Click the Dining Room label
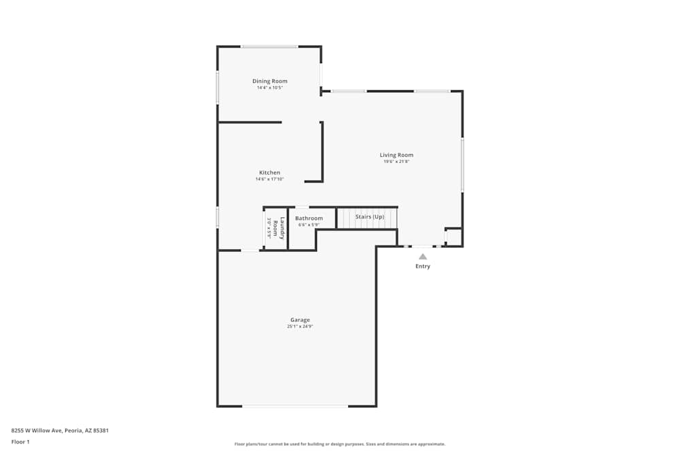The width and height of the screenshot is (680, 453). point(270,81)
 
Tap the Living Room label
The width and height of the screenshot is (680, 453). point(396,155)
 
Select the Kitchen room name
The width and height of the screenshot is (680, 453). point(269,173)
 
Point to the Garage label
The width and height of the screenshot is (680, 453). point(300,320)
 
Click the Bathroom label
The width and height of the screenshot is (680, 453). point(309,218)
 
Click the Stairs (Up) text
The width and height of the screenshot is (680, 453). point(370,217)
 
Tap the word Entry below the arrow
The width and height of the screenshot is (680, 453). point(423,266)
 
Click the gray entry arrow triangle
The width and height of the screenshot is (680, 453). point(423,257)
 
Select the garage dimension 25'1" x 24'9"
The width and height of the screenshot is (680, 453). point(300,327)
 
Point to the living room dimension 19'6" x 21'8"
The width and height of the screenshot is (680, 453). point(396,162)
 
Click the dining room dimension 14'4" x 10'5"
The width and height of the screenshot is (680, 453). point(270,88)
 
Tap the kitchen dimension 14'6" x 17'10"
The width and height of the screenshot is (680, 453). point(269,179)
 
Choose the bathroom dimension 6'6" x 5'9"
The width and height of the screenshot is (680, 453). point(309,225)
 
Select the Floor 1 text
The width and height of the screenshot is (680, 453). point(20,442)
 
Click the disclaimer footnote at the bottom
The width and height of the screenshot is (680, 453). point(340,444)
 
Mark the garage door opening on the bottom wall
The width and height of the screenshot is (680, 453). point(295,406)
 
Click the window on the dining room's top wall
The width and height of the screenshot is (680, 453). point(269,46)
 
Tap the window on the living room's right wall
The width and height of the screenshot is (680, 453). point(462,165)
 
